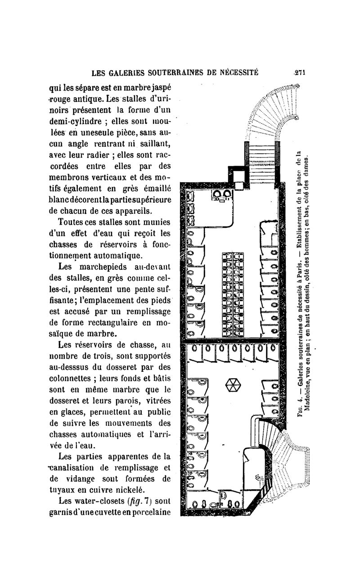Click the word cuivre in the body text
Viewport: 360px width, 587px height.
[98, 490]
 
